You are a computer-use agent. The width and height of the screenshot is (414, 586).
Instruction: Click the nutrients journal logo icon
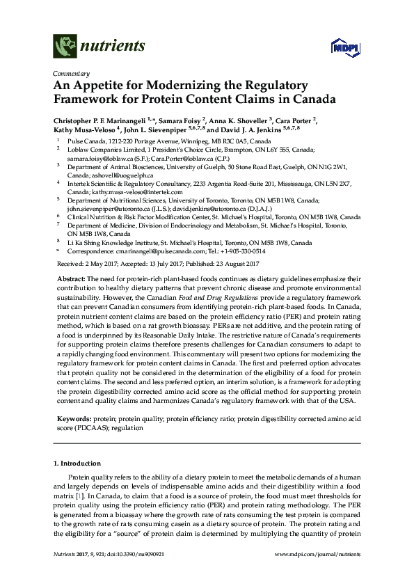click(x=65, y=47)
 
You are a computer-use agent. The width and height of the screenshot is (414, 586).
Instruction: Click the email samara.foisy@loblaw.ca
click(x=98, y=157)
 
